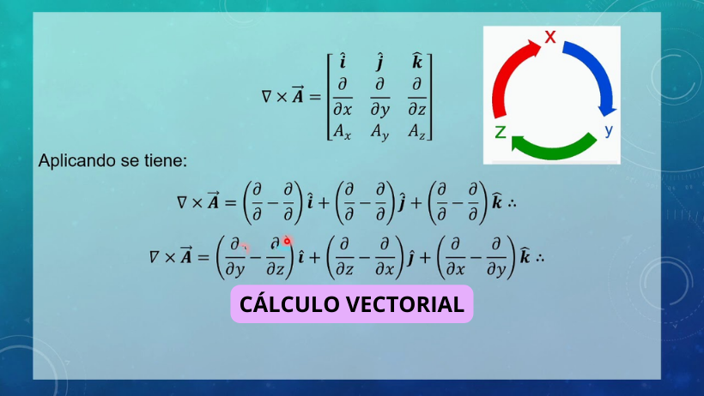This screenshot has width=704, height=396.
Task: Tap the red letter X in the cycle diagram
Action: (550, 36)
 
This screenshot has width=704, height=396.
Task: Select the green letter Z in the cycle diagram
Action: (501, 132)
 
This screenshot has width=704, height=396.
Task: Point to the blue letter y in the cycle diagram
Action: (609, 130)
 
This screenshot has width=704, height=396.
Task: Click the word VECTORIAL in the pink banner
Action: (405, 304)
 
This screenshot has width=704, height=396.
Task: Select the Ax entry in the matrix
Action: (342, 131)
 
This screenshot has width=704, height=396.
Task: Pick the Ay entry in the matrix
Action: (379, 132)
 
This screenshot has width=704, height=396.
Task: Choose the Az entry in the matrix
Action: (417, 131)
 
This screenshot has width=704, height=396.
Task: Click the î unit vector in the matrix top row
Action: (343, 61)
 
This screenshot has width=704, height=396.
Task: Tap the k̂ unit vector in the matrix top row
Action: (417, 61)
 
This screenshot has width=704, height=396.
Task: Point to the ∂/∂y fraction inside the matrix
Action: (379, 97)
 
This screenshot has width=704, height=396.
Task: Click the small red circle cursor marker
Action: (287, 241)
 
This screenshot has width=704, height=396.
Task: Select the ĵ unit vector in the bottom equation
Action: (410, 257)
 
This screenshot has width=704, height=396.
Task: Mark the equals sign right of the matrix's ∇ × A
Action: (315, 97)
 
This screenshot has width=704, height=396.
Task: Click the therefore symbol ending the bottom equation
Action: (540, 258)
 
